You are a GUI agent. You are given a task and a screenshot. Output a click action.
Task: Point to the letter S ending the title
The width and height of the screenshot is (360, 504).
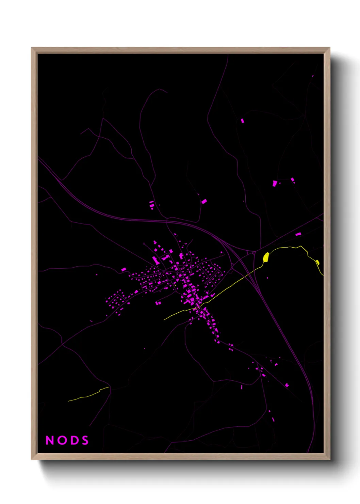85,440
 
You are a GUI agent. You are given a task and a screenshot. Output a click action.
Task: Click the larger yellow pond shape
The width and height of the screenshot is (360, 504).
266,257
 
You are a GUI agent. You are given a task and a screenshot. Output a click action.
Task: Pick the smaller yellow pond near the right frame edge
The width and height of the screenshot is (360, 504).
317,262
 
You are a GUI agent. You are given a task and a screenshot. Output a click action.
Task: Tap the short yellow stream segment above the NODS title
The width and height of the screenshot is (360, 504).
88,395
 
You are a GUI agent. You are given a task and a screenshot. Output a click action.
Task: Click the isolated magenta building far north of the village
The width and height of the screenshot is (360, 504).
242,121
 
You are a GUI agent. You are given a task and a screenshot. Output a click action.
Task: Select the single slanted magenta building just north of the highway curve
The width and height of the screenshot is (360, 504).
203,201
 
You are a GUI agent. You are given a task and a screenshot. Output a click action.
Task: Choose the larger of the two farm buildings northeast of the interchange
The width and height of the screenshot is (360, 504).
275,184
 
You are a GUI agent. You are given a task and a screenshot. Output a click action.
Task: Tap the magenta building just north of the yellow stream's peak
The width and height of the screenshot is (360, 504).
298,234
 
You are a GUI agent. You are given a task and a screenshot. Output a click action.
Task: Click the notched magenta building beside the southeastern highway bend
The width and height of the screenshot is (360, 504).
287,385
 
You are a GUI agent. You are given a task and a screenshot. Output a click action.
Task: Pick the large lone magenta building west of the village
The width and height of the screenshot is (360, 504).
124,269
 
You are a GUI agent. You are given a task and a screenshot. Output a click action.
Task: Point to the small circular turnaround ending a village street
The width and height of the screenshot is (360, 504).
144,244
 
